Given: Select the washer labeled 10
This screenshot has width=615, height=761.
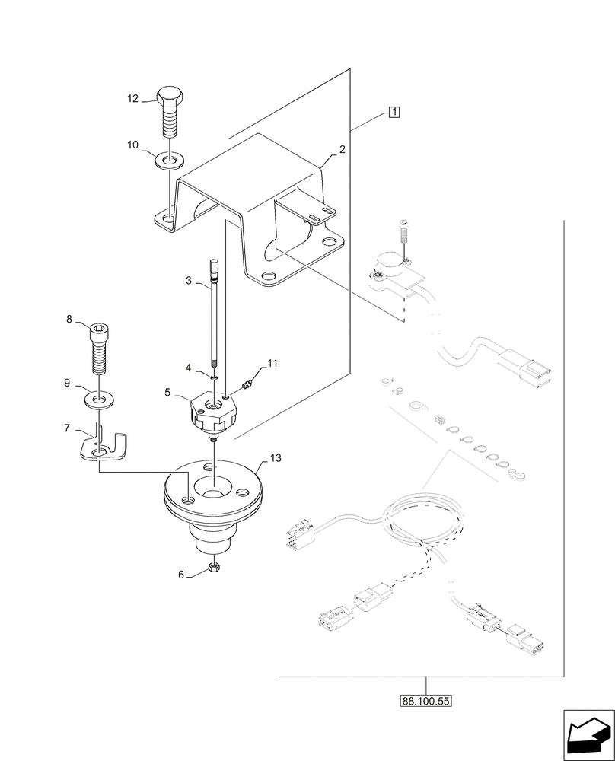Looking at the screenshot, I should pyautogui.click(x=169, y=161).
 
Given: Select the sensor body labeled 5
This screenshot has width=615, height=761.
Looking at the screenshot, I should pyautogui.click(x=213, y=412).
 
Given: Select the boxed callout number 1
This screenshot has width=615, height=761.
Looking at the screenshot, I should pyautogui.click(x=394, y=113).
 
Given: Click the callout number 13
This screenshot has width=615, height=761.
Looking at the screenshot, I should pyautogui.click(x=275, y=458).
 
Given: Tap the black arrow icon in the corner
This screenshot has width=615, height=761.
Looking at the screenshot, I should pyautogui.click(x=588, y=734).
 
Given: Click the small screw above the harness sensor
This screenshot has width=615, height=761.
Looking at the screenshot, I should pyautogui.click(x=404, y=229).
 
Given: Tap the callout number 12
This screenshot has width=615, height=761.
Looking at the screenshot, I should pyautogui.click(x=133, y=98).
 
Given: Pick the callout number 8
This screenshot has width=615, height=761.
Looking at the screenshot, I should pyautogui.click(x=69, y=320).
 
